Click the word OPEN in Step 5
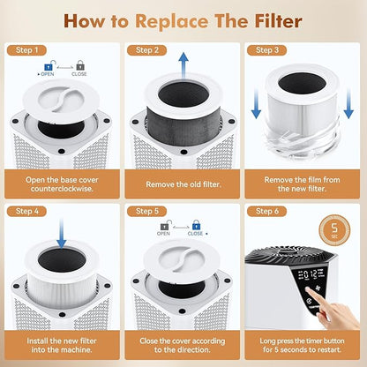point(164,234)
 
